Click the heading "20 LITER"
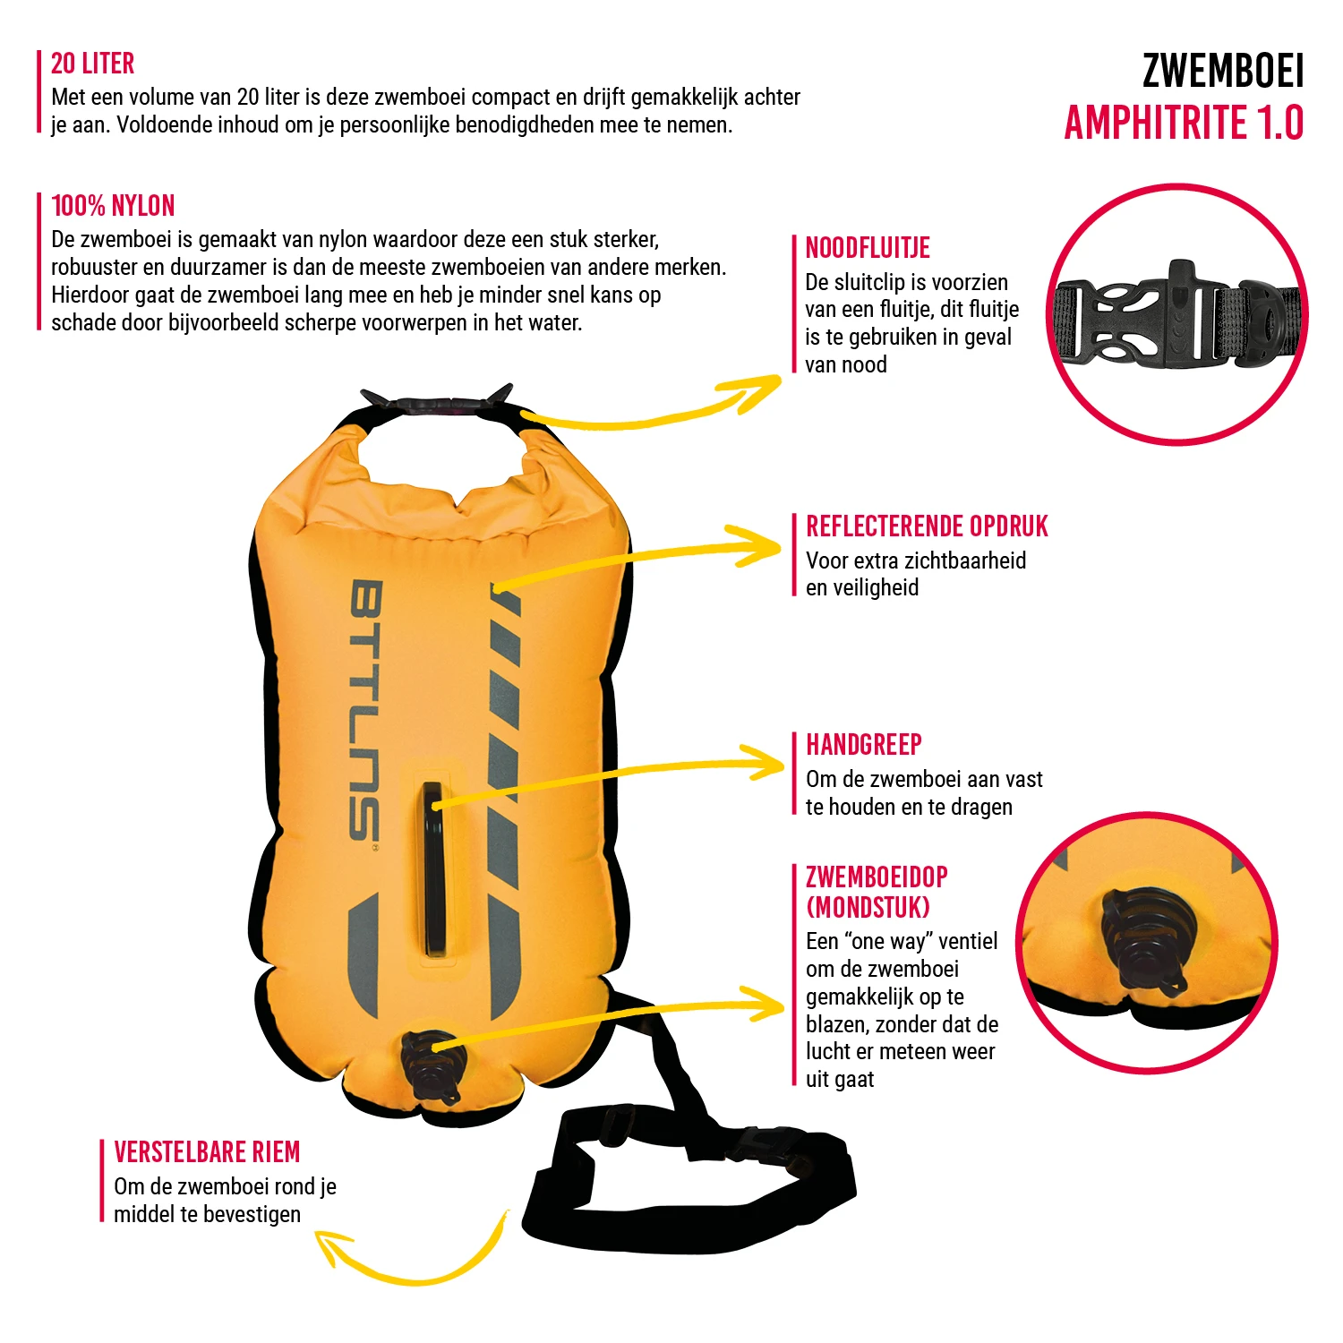point(92,64)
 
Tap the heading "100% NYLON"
point(113,206)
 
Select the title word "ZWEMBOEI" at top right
point(1223,71)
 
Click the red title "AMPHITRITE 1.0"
point(1184,123)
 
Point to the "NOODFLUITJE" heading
point(868,248)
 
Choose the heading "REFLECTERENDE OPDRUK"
point(927,526)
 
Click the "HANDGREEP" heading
point(864,745)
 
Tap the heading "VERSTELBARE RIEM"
point(207,1152)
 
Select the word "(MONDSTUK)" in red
point(868,908)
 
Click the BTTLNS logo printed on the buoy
point(364,712)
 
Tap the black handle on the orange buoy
point(434,870)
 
